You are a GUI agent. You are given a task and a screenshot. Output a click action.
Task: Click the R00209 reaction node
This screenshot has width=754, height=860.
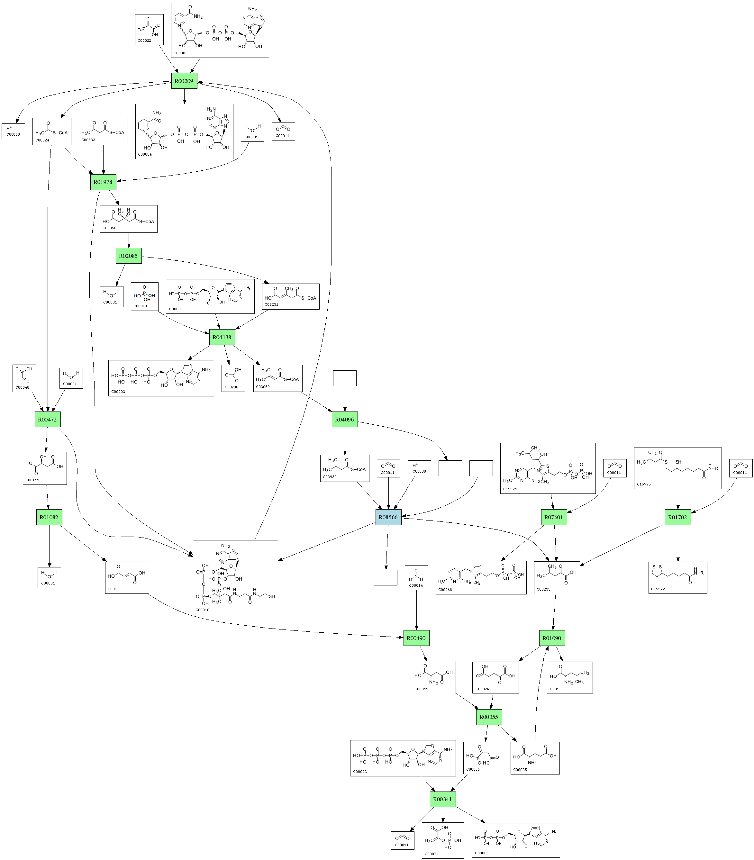(x=184, y=81)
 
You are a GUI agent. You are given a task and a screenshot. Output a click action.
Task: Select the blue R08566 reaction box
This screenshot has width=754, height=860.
(x=388, y=517)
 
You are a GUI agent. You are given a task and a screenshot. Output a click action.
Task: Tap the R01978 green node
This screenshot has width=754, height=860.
(x=103, y=182)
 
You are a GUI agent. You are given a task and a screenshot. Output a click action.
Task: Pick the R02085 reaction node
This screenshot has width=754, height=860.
(x=128, y=256)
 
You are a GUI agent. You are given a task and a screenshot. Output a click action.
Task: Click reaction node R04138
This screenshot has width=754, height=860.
(x=222, y=337)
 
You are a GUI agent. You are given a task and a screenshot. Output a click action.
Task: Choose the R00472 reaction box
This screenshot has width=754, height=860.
(x=47, y=420)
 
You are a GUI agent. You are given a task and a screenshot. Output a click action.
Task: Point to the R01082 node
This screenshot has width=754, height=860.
(x=49, y=517)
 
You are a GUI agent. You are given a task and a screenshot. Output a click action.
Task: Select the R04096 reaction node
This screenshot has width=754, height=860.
(x=345, y=420)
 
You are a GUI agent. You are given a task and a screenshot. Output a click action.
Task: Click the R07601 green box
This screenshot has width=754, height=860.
(x=554, y=517)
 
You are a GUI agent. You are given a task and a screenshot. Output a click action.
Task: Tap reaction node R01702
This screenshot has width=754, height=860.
(x=677, y=517)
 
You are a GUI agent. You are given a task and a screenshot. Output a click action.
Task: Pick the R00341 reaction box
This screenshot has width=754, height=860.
(x=443, y=799)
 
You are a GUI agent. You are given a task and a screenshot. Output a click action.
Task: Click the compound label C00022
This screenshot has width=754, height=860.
(x=144, y=41)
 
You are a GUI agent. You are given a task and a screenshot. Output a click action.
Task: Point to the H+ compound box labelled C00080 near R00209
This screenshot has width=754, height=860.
(x=13, y=131)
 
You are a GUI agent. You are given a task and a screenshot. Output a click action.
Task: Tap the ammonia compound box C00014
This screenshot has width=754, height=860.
(x=416, y=578)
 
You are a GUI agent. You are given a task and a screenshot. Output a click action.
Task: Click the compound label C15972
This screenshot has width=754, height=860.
(x=658, y=589)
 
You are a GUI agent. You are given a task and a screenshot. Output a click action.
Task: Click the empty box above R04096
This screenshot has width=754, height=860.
(x=345, y=378)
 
